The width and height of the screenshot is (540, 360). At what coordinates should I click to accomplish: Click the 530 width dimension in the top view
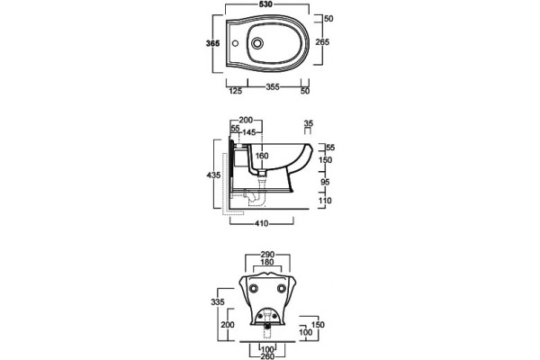pyautogui.click(x=265, y=4)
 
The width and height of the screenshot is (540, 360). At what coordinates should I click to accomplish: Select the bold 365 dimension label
pyautogui.click(x=212, y=43)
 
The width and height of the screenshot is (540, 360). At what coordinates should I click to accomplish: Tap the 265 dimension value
pyautogui.click(x=323, y=42)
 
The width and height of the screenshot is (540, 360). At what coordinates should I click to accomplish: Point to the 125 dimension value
pyautogui.click(x=236, y=91)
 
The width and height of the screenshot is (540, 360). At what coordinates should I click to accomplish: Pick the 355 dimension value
pyautogui.click(x=273, y=86)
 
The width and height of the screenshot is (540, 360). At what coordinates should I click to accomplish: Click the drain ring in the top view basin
pyautogui.click(x=256, y=43)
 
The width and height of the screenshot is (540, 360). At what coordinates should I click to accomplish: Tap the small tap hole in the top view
pyautogui.click(x=236, y=44)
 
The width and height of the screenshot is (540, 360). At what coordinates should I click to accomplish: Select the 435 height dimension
pyautogui.click(x=213, y=175)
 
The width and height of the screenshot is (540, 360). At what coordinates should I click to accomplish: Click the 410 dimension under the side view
pyautogui.click(x=262, y=223)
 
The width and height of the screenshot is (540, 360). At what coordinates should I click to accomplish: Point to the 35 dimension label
pyautogui.click(x=309, y=123)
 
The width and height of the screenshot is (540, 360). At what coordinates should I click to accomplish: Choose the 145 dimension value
pyautogui.click(x=249, y=132)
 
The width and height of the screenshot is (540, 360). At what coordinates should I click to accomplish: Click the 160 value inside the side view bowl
pyautogui.click(x=262, y=156)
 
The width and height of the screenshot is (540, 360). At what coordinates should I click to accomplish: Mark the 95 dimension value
pyautogui.click(x=325, y=182)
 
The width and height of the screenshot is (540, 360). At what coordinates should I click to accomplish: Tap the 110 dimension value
pyautogui.click(x=325, y=201)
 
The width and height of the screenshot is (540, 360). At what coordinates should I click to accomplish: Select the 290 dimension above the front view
pyautogui.click(x=267, y=255)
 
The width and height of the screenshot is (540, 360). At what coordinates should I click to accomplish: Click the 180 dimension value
pyautogui.click(x=267, y=262)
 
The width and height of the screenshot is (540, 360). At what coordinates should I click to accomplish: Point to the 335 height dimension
pyautogui.click(x=218, y=302)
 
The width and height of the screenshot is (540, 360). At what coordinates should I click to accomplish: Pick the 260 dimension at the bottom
pyautogui.click(x=267, y=355)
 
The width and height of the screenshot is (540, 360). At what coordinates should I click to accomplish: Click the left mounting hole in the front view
pyautogui.click(x=254, y=289)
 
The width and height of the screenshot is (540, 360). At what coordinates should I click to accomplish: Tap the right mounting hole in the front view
pyautogui.click(x=282, y=289)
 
